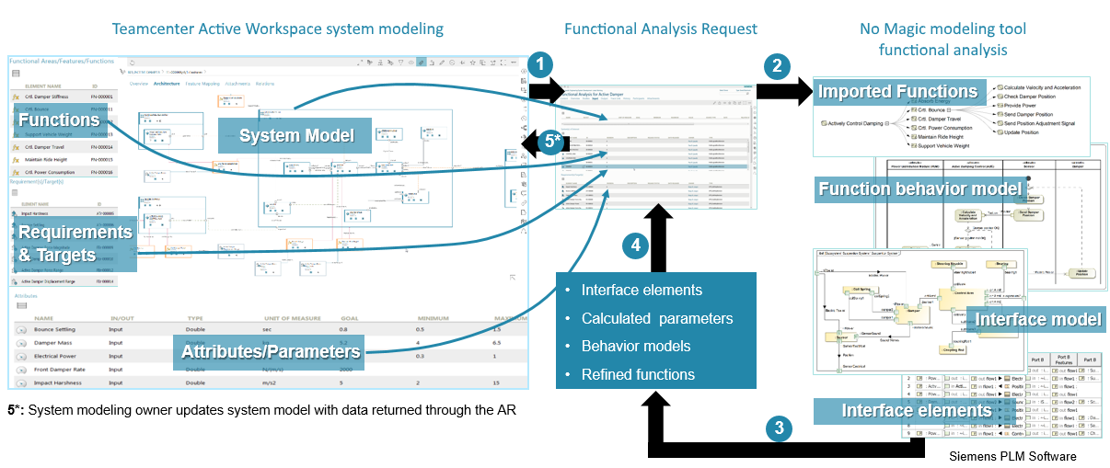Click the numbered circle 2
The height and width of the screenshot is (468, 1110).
point(778,65)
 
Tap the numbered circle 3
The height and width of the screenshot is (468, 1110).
point(780,427)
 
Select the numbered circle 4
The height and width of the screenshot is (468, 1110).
point(634,245)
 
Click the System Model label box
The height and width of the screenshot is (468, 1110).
point(295,136)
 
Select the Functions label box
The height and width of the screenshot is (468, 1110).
point(58,120)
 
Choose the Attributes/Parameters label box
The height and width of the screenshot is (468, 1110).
point(271,350)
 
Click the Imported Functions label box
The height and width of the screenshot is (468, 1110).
point(897,92)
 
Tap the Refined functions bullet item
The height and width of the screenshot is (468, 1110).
point(638,374)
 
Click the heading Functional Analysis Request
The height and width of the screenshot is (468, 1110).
point(661,29)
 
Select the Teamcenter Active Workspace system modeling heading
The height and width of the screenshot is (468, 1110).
point(277,29)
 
